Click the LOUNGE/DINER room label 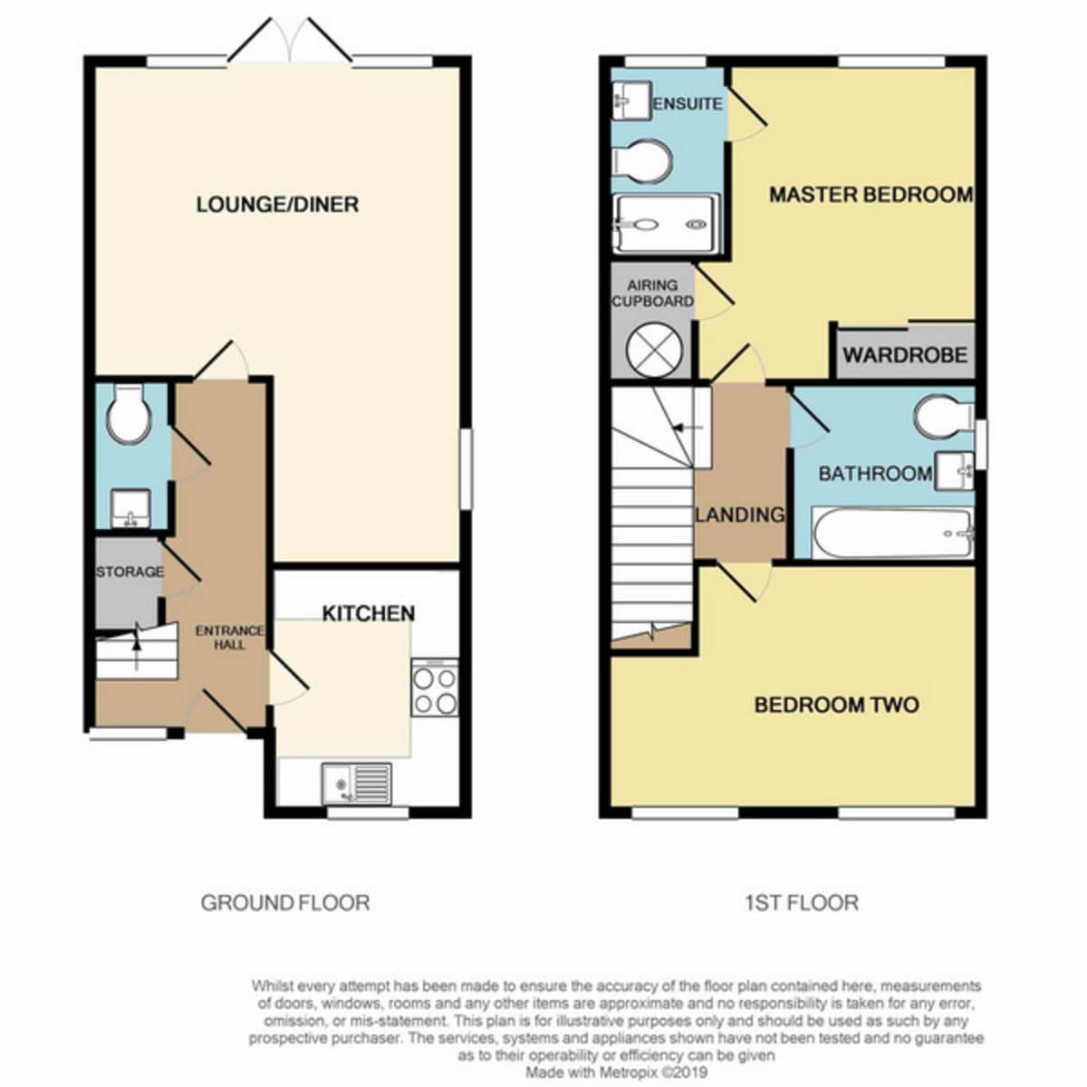tap(277, 204)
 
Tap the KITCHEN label tap(369, 613)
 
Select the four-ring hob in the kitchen tap(435, 687)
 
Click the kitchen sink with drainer tap(357, 784)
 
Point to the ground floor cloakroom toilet tap(130, 413)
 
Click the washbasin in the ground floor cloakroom tap(130, 508)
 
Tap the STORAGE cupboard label tap(130, 572)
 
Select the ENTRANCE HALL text tap(229, 638)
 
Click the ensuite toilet tap(642, 160)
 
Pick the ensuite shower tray tap(666, 224)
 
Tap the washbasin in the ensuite tap(631, 100)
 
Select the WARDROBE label tap(905, 355)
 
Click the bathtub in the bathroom tap(893, 533)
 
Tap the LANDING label tap(739, 515)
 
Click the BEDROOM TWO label tap(837, 705)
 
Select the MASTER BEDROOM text tap(871, 195)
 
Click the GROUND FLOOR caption tap(285, 903)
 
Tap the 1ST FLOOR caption tap(803, 903)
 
